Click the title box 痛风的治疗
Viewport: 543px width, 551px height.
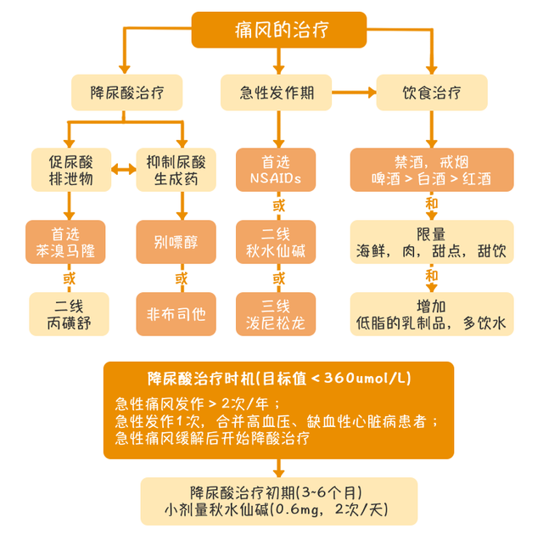[x=278, y=30]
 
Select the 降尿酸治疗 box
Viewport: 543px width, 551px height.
[x=126, y=92]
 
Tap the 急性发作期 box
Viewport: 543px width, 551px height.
[x=276, y=92]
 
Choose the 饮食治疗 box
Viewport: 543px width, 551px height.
[x=432, y=92]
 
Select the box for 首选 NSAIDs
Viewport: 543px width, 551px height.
[x=276, y=170]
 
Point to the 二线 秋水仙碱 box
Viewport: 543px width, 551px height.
[x=276, y=241]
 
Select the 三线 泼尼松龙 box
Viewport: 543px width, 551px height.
[x=276, y=313]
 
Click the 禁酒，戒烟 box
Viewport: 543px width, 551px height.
[x=432, y=170]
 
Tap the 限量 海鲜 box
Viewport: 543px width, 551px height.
[x=432, y=241]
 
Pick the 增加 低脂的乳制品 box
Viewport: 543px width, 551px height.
[x=432, y=313]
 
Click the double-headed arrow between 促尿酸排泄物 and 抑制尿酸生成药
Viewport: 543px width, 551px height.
[x=125, y=171]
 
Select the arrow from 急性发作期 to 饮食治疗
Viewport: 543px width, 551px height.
[x=355, y=92]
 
